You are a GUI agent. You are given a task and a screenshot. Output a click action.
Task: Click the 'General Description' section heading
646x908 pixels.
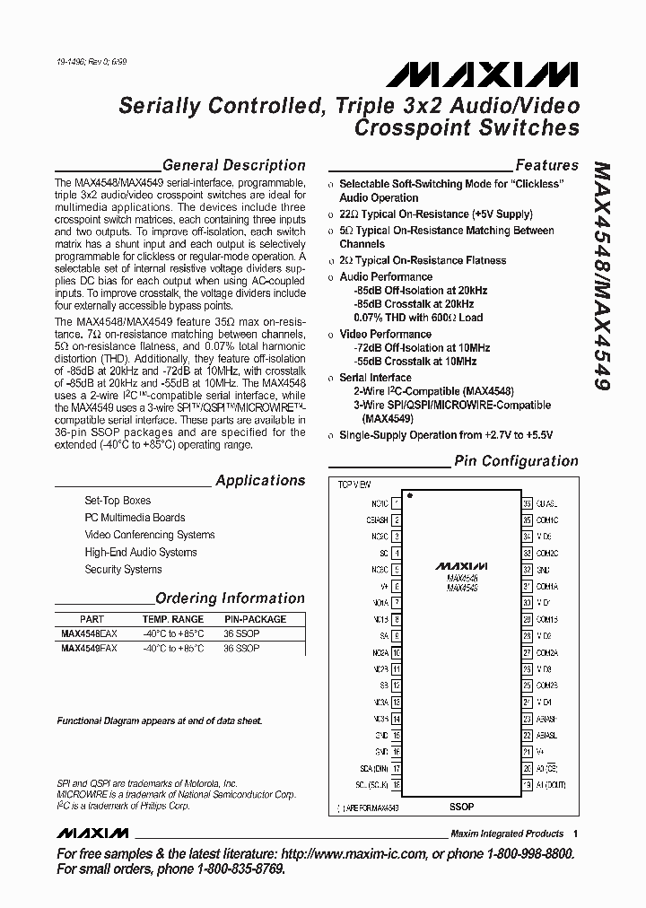[x=233, y=165]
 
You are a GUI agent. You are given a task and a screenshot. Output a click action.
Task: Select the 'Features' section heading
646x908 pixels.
[x=546, y=165]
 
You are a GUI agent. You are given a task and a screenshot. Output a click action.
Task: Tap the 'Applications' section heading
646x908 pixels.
[x=260, y=481]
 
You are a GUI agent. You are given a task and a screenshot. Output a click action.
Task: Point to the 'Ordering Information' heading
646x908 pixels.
[x=231, y=598]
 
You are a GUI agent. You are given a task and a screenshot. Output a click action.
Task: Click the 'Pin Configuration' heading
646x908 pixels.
[x=516, y=461]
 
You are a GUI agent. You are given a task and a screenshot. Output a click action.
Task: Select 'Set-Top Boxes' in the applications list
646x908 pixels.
[x=118, y=501]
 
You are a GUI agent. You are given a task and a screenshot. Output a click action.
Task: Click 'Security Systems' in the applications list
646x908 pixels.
[x=123, y=570]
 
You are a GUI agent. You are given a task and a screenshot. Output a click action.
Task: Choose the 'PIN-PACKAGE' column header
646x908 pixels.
[x=255, y=619]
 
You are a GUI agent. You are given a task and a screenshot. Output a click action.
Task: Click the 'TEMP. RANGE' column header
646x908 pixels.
[x=172, y=619]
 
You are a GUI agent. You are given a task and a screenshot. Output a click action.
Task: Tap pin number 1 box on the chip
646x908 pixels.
[x=397, y=504]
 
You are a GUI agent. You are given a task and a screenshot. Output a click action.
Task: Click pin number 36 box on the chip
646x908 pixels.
[x=528, y=504]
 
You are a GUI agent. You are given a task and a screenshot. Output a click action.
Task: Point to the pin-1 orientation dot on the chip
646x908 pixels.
[x=410, y=495]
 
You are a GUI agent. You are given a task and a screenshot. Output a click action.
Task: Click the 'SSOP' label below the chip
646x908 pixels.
[x=461, y=807]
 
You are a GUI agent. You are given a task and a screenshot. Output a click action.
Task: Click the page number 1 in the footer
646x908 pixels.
[x=575, y=834]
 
